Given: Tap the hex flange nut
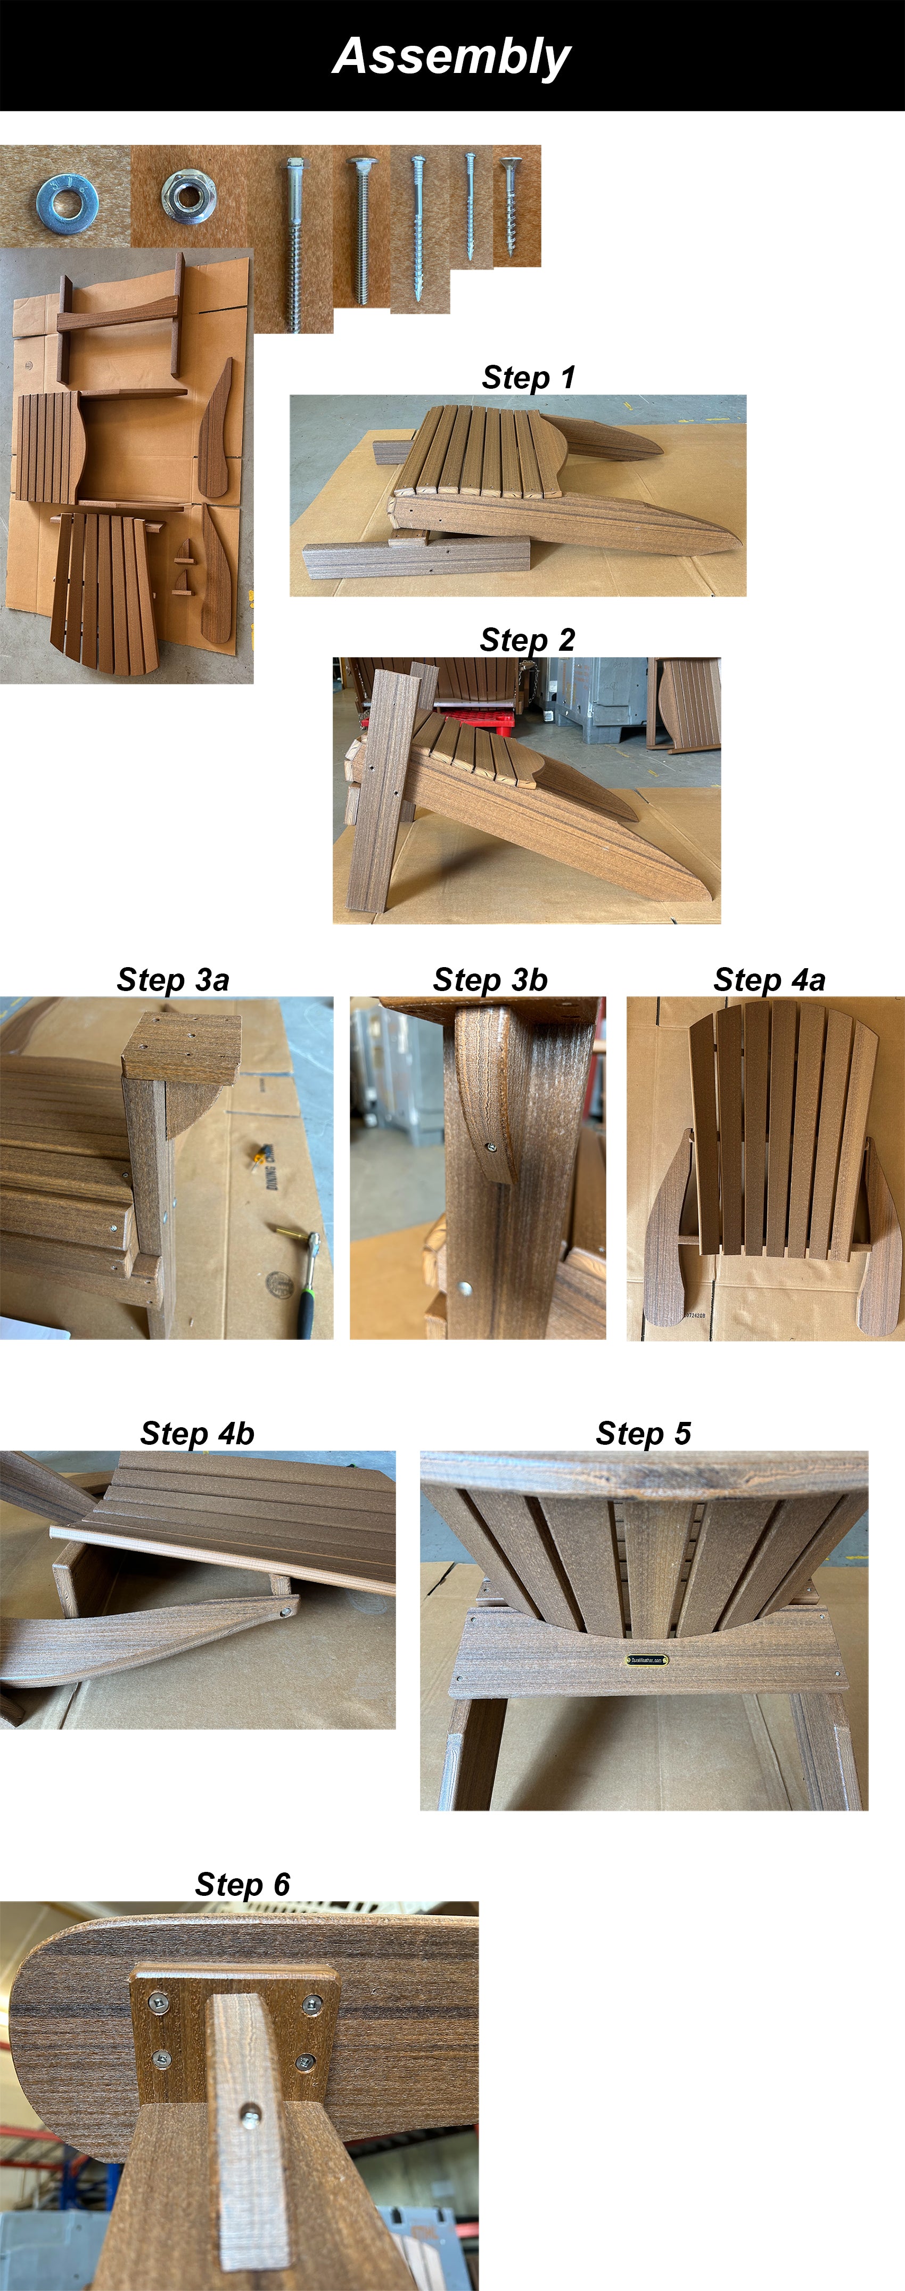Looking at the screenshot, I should pyautogui.click(x=187, y=195).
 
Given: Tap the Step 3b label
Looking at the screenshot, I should pyautogui.click(x=490, y=979).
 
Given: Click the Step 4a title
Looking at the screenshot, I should pyautogui.click(x=769, y=979).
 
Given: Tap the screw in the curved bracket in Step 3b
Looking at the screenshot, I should pyautogui.click(x=491, y=1148).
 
